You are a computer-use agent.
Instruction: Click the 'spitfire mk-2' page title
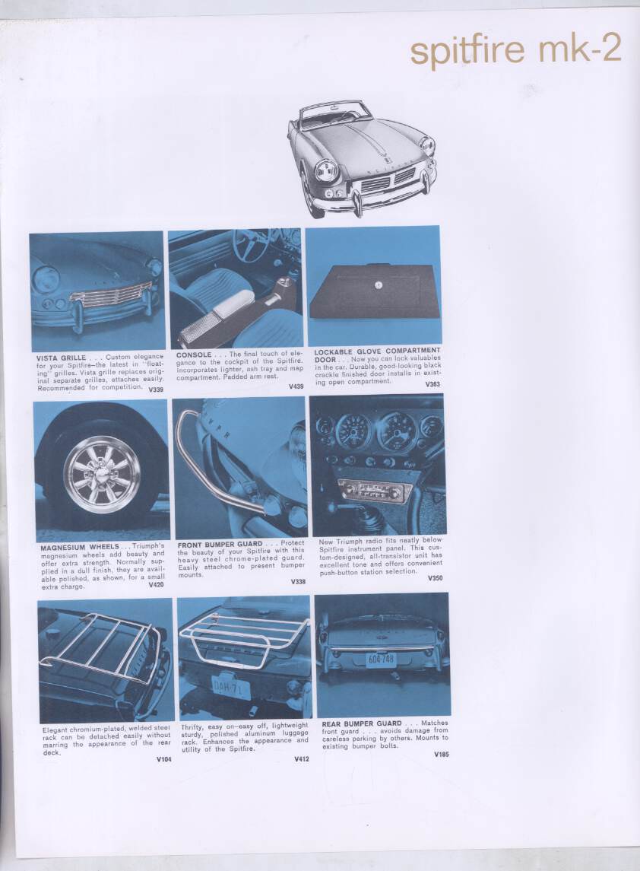point(515,49)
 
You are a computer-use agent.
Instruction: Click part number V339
point(156,389)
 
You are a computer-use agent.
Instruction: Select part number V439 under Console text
point(296,386)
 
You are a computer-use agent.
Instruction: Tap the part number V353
point(432,384)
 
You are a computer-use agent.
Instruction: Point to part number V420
point(156,585)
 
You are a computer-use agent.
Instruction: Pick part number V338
point(298,582)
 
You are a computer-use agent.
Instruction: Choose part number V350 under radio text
point(435,578)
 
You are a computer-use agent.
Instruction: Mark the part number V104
point(163,759)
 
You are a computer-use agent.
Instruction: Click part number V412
point(302,759)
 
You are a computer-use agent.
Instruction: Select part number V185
point(441,754)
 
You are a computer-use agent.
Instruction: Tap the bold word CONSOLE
point(194,354)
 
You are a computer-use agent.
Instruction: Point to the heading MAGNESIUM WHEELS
point(80,546)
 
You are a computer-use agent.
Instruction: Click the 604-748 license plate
point(381,659)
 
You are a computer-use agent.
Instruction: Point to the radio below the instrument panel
point(375,490)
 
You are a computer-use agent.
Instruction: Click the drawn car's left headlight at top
point(327,170)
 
